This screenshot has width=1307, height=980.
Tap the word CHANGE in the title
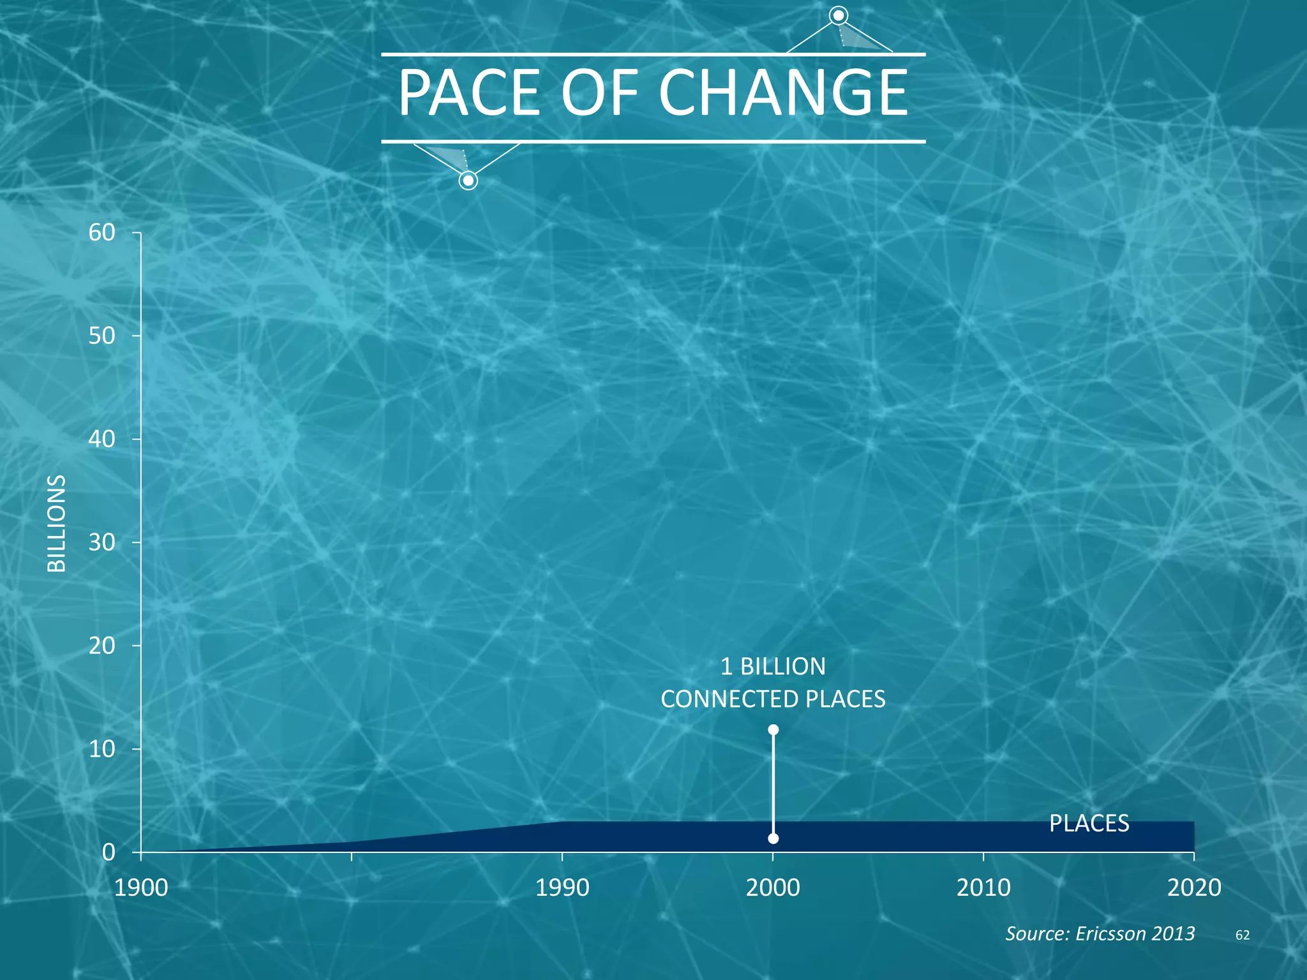click(x=783, y=93)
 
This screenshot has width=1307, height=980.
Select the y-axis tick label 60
click(x=101, y=233)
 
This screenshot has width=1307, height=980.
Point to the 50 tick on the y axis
click(x=101, y=336)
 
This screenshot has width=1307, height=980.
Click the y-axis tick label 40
click(x=101, y=439)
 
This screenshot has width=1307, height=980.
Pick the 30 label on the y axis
click(x=101, y=542)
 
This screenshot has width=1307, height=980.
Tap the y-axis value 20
click(x=101, y=646)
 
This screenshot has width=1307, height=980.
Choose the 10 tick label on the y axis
click(x=101, y=749)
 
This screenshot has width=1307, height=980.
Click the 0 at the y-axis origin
click(x=108, y=852)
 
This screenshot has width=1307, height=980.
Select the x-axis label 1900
click(x=141, y=887)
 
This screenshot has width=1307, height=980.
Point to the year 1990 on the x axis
click(x=562, y=887)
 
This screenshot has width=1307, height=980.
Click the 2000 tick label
click(x=773, y=887)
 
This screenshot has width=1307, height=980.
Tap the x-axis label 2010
click(x=983, y=887)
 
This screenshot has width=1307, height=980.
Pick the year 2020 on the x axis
click(x=1194, y=887)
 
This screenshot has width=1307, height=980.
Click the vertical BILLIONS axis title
click(x=57, y=523)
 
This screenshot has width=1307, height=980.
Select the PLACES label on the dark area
click(x=1089, y=824)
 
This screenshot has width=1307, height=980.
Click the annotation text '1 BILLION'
click(x=773, y=667)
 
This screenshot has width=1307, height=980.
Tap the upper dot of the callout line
click(x=773, y=729)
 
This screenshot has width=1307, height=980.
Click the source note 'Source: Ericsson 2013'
click(x=1100, y=933)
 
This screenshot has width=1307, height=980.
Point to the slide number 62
click(x=1242, y=935)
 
